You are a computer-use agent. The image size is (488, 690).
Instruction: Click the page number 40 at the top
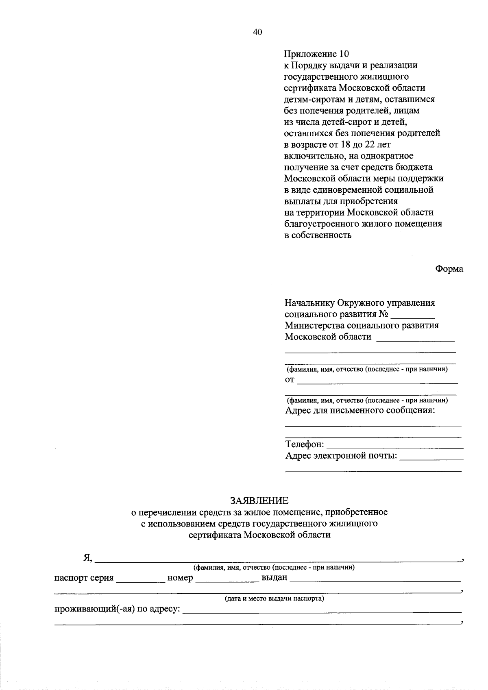(x=257, y=33)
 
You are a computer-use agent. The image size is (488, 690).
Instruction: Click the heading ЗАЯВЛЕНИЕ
(x=259, y=501)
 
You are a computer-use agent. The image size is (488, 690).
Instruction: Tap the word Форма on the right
(x=449, y=269)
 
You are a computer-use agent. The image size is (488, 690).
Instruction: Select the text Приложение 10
(x=316, y=54)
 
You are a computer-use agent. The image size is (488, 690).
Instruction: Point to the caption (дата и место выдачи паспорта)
(x=274, y=599)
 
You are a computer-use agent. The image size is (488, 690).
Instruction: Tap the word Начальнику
(x=309, y=303)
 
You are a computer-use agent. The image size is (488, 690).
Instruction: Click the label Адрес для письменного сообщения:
(x=360, y=410)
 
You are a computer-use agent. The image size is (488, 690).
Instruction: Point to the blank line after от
(x=377, y=382)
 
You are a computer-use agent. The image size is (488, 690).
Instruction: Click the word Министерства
(x=315, y=326)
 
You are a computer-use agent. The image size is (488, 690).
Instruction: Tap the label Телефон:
(x=305, y=444)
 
